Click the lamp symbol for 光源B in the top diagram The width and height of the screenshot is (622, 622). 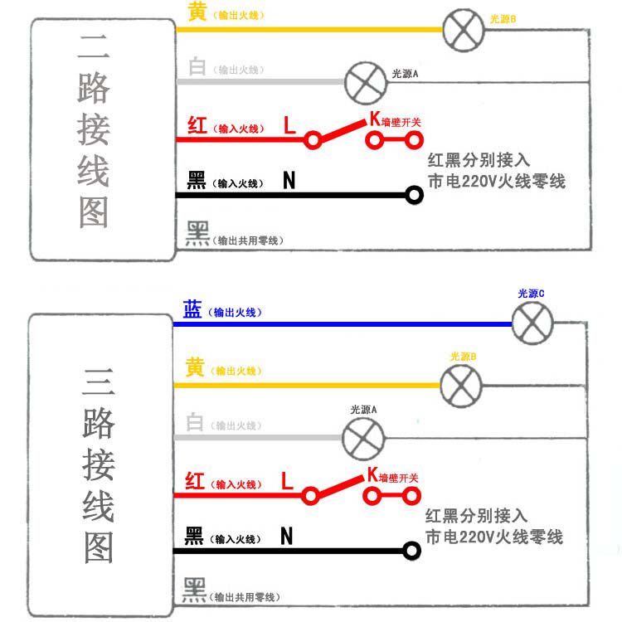pyautogui.click(x=464, y=30)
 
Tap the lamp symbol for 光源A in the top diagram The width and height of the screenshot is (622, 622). pyautogui.click(x=366, y=83)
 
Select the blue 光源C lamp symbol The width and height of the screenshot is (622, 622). pyautogui.click(x=532, y=323)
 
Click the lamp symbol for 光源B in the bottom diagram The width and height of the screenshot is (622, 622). pyautogui.click(x=461, y=386)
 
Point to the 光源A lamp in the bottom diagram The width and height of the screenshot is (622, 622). pyautogui.click(x=363, y=439)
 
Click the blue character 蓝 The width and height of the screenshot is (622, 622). pyautogui.click(x=192, y=309)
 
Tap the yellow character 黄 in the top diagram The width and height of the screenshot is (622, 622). pyautogui.click(x=197, y=11)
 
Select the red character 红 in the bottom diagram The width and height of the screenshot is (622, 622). pyautogui.click(x=195, y=481)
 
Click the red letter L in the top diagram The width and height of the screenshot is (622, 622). pyautogui.click(x=289, y=124)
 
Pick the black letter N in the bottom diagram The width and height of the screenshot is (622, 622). pyautogui.click(x=286, y=536)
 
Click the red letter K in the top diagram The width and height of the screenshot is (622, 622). pyautogui.click(x=375, y=119)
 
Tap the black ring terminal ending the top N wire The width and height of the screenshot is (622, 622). pyautogui.click(x=414, y=195)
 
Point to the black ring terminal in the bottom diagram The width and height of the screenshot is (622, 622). pyautogui.click(x=411, y=551)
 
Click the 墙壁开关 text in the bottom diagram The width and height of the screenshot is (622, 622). pyautogui.click(x=398, y=478)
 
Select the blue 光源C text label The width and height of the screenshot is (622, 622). pyautogui.click(x=531, y=294)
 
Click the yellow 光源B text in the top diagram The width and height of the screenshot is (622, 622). pyautogui.click(x=503, y=19)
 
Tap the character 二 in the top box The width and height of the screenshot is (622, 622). pyautogui.click(x=94, y=46)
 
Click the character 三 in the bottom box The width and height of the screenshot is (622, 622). pyautogui.click(x=99, y=381)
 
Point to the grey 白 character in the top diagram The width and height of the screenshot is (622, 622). pyautogui.click(x=197, y=66)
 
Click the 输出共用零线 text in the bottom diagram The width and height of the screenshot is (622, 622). pyautogui.click(x=245, y=597)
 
